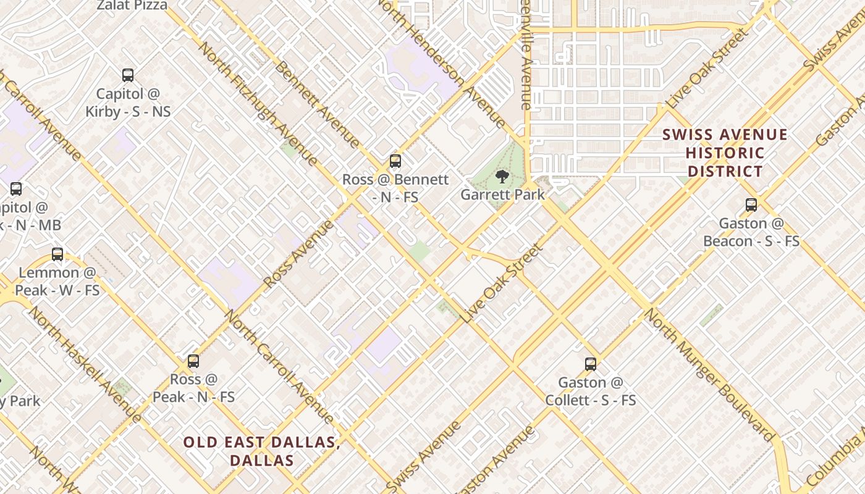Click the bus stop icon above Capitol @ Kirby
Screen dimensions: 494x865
coord(128,75)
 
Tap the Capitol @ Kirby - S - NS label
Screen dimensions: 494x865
coord(128,103)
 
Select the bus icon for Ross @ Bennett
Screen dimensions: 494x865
coord(395,161)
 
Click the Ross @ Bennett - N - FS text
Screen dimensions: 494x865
coord(395,188)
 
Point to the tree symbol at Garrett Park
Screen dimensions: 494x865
coord(502,177)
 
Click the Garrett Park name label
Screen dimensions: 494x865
coord(502,195)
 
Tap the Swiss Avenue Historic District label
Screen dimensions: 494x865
coord(725,153)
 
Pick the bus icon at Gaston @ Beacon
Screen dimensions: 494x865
coord(751,205)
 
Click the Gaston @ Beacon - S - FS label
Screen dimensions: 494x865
coord(751,232)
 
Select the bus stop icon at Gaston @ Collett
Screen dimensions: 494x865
coord(591,364)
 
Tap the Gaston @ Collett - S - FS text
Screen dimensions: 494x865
coord(591,391)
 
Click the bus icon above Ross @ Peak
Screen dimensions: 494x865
coord(193,361)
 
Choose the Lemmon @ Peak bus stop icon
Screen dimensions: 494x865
coord(57,254)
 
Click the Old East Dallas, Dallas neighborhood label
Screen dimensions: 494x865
coord(261,451)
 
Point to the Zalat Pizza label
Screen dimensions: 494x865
coord(132,6)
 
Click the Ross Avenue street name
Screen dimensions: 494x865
coord(298,254)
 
